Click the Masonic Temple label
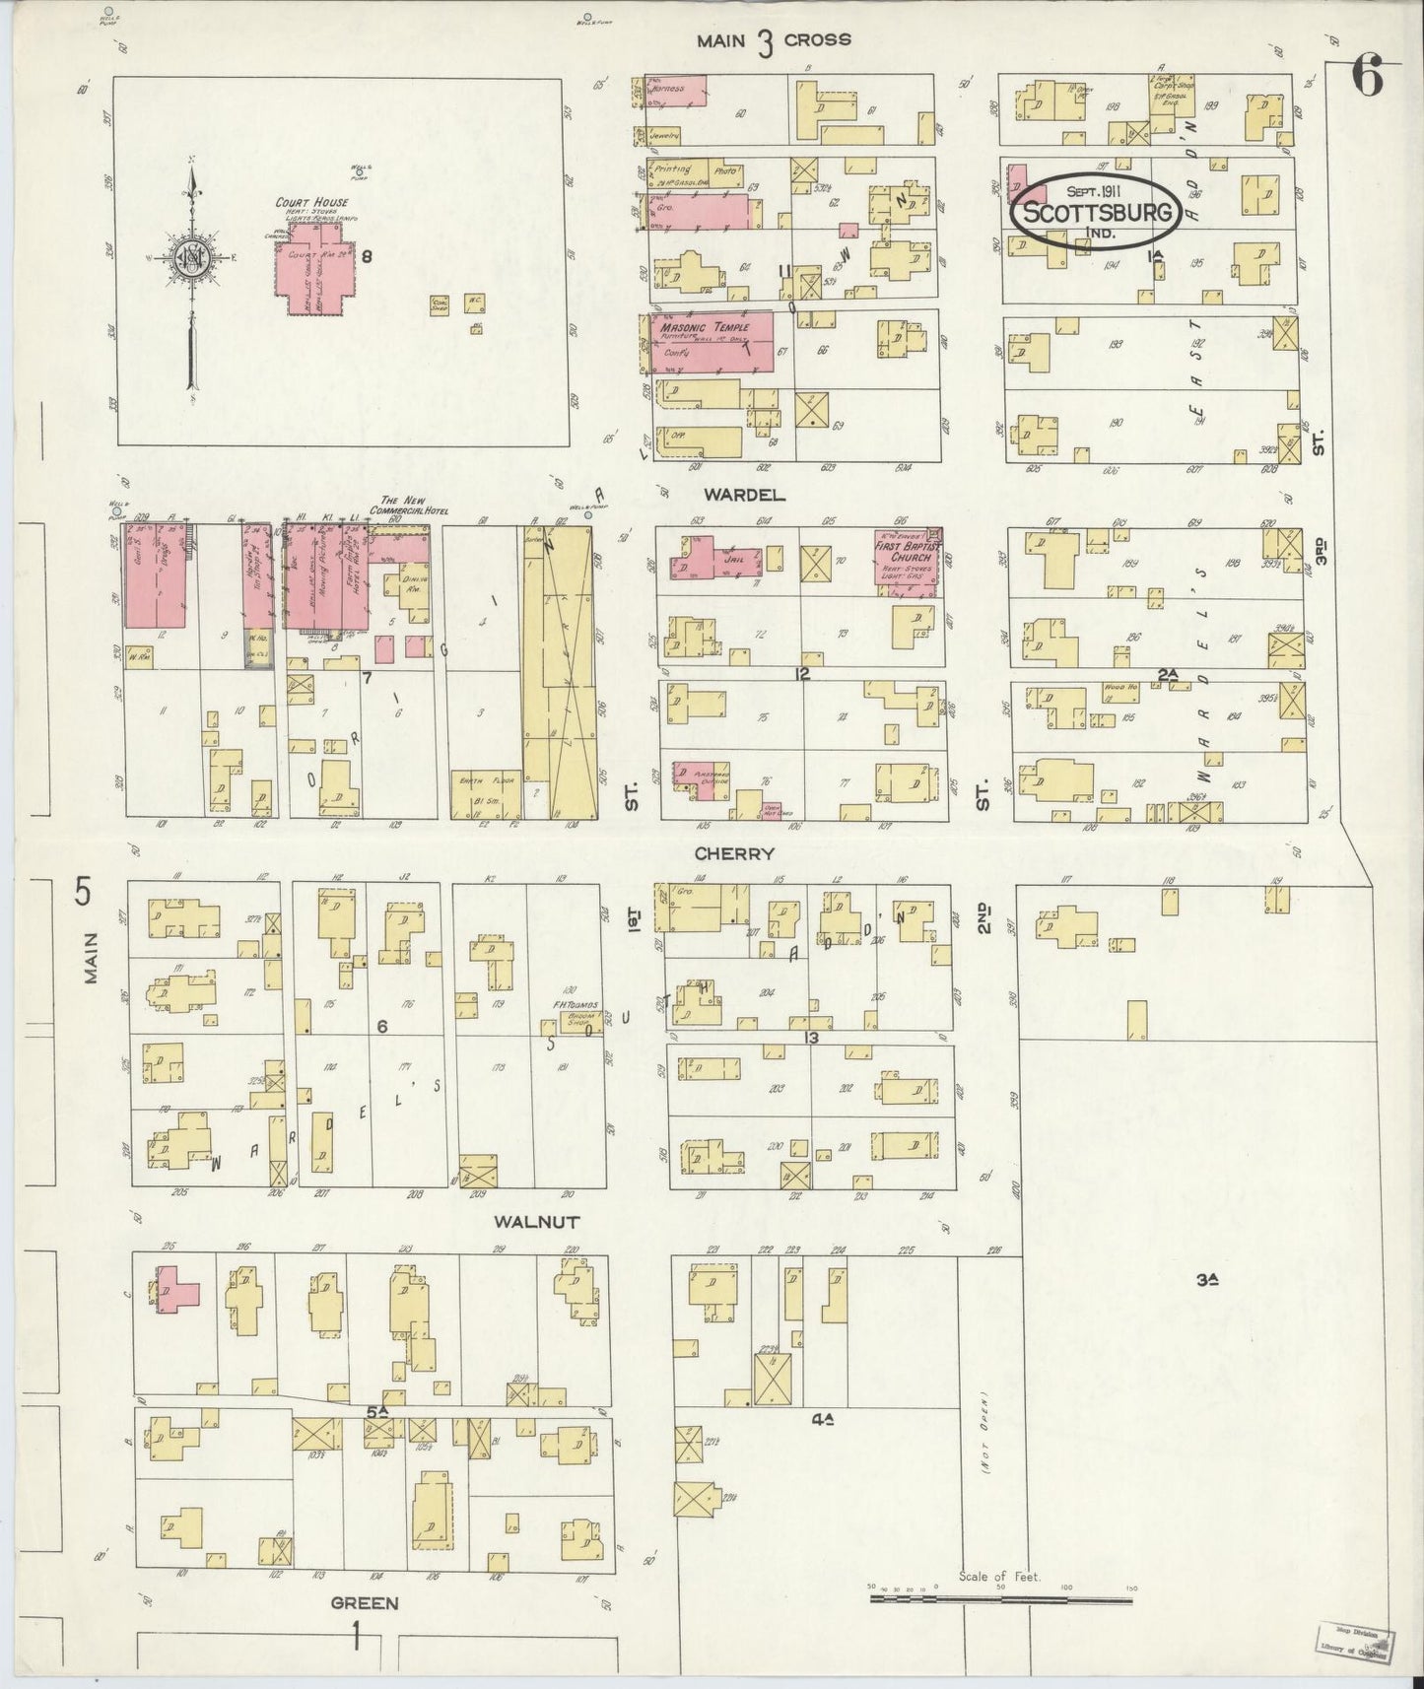705,327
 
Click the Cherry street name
734,853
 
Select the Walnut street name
536,1222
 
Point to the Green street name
365,1602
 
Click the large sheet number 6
1366,77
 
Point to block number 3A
1208,1280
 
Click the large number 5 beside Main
83,893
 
